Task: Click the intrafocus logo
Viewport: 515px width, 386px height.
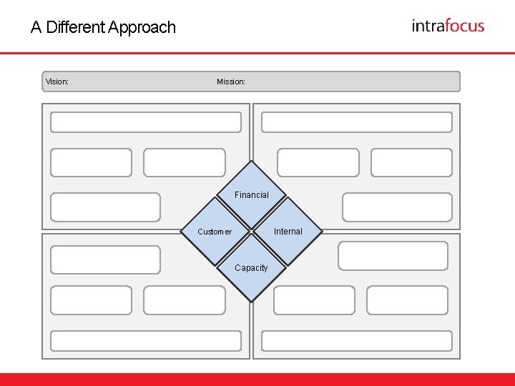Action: tap(448, 26)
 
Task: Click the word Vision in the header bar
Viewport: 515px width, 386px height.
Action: tap(56, 81)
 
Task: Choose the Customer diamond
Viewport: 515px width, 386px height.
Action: tap(215, 231)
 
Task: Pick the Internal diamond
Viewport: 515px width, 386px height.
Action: tap(288, 231)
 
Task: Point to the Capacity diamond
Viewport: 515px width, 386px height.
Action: tap(251, 268)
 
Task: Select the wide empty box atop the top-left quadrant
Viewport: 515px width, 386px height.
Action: tap(146, 122)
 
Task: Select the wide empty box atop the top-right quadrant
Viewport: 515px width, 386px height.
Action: tap(356, 122)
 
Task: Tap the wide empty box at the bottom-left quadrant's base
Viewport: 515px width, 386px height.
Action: tap(146, 341)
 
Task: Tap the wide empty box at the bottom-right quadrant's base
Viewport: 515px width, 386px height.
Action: tap(356, 341)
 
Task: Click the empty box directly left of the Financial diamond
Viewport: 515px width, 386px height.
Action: tap(106, 207)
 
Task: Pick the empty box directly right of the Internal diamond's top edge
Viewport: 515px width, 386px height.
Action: tap(397, 207)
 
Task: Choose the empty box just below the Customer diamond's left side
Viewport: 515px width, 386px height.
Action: tap(106, 259)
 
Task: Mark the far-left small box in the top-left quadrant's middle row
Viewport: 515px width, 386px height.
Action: tap(92, 162)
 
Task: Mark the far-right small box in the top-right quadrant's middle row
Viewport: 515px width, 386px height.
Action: tap(411, 162)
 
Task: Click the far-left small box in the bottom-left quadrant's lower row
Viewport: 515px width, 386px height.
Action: tap(92, 300)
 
